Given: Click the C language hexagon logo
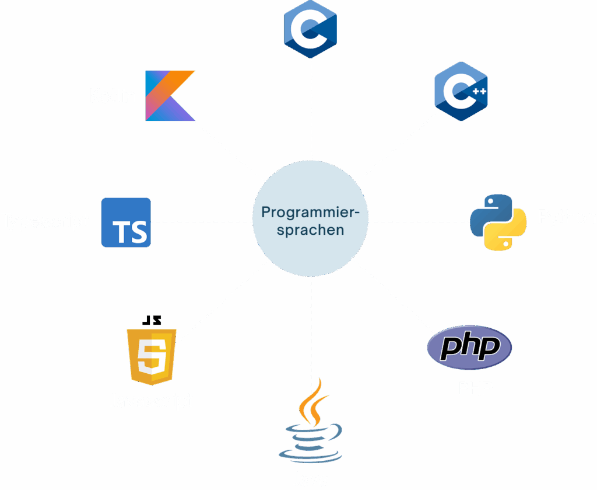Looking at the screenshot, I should [x=310, y=29].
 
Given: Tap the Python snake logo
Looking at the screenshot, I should [x=494, y=223].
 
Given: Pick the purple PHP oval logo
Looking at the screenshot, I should [x=470, y=348].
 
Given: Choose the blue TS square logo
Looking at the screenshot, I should [x=126, y=222].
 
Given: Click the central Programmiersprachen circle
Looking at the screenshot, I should [x=310, y=221].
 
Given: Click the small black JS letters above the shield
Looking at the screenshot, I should [x=152, y=320].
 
